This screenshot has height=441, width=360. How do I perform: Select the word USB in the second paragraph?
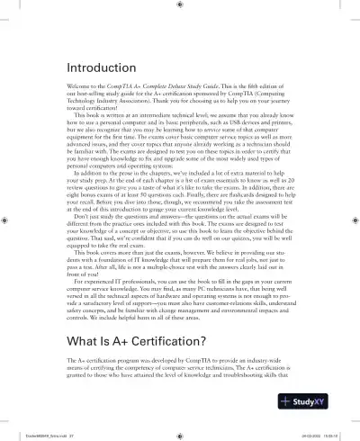click(x=231, y=123)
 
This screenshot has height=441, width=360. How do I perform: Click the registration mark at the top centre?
click(x=180, y=5)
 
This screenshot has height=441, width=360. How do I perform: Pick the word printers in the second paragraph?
click(x=277, y=123)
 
